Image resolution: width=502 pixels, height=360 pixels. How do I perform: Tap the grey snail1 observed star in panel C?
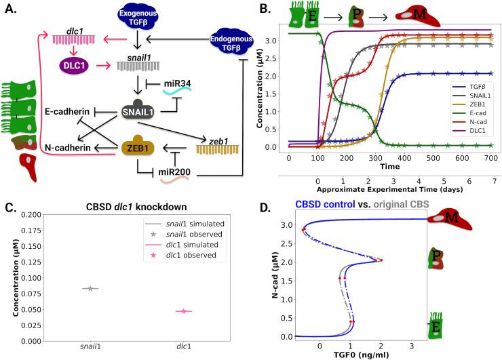point(89,289)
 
